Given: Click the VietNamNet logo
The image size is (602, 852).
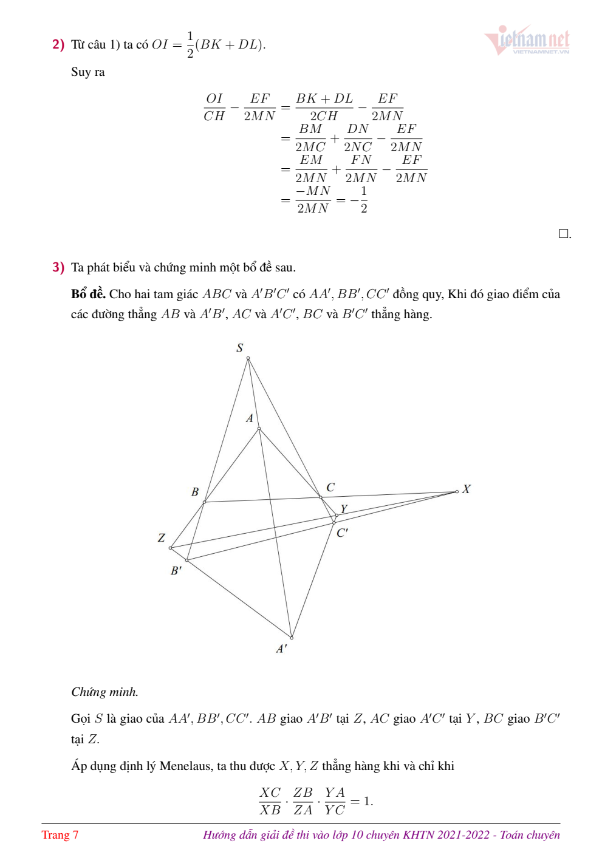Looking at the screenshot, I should [x=527, y=40].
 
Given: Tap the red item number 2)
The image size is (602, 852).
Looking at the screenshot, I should [x=58, y=44].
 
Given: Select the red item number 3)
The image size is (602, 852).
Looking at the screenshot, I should [x=58, y=267].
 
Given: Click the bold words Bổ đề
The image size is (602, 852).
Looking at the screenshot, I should [x=88, y=294].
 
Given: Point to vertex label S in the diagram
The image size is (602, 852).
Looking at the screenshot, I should [x=240, y=347].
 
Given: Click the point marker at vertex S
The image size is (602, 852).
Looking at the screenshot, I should [x=248, y=358].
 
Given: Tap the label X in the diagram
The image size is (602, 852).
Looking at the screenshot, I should [x=467, y=489].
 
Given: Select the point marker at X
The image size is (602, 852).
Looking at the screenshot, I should [x=457, y=492].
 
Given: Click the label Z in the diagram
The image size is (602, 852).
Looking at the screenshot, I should [x=162, y=537].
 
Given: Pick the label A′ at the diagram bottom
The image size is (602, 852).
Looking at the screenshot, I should [x=281, y=649].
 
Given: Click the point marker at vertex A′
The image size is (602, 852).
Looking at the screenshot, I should [x=292, y=638].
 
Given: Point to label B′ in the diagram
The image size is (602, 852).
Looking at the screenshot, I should [x=176, y=571].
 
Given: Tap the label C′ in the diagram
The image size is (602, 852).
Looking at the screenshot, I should [x=343, y=533].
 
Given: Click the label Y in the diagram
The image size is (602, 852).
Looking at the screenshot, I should [x=344, y=509].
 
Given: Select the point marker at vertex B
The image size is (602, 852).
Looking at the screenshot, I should [x=205, y=502].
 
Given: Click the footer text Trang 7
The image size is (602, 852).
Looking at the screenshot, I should [x=60, y=835].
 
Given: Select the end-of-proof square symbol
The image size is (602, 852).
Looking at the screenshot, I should [x=564, y=234].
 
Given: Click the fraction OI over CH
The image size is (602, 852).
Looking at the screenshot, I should [x=214, y=107].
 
